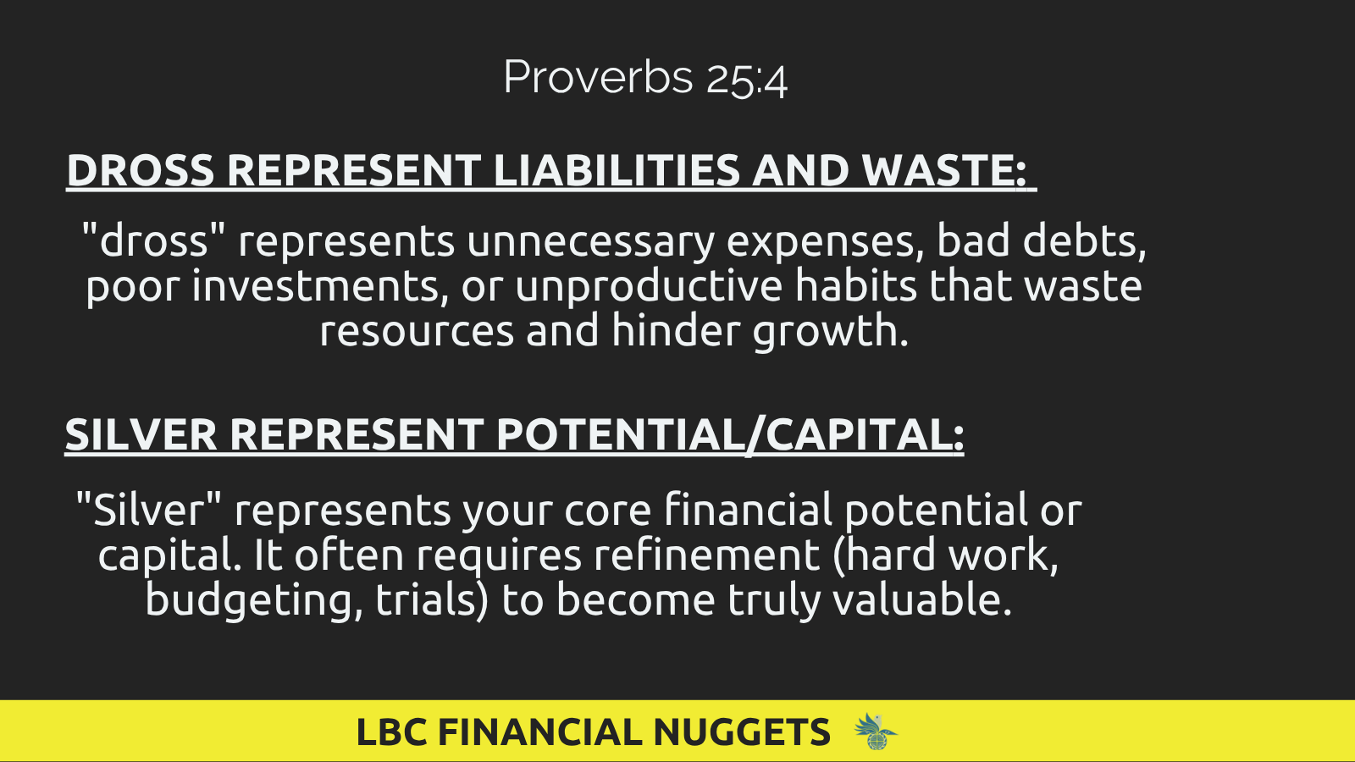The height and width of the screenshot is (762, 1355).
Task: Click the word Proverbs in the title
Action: tap(598, 77)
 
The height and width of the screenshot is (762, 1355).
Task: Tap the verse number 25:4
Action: tap(746, 80)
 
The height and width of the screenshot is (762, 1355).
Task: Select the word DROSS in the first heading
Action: tap(141, 170)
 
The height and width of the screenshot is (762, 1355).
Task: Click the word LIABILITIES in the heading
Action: tap(617, 170)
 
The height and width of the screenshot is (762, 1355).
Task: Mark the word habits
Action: tap(856, 285)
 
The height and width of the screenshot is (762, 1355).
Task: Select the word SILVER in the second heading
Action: tap(141, 434)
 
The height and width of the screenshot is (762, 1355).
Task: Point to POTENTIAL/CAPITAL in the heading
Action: tap(729, 435)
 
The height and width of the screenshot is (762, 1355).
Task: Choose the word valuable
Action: tap(922, 600)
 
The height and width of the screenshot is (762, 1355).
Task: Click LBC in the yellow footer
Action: tap(392, 732)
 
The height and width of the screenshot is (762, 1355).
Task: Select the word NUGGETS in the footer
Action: tap(742, 732)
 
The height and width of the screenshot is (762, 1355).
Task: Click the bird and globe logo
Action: tap(876, 732)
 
